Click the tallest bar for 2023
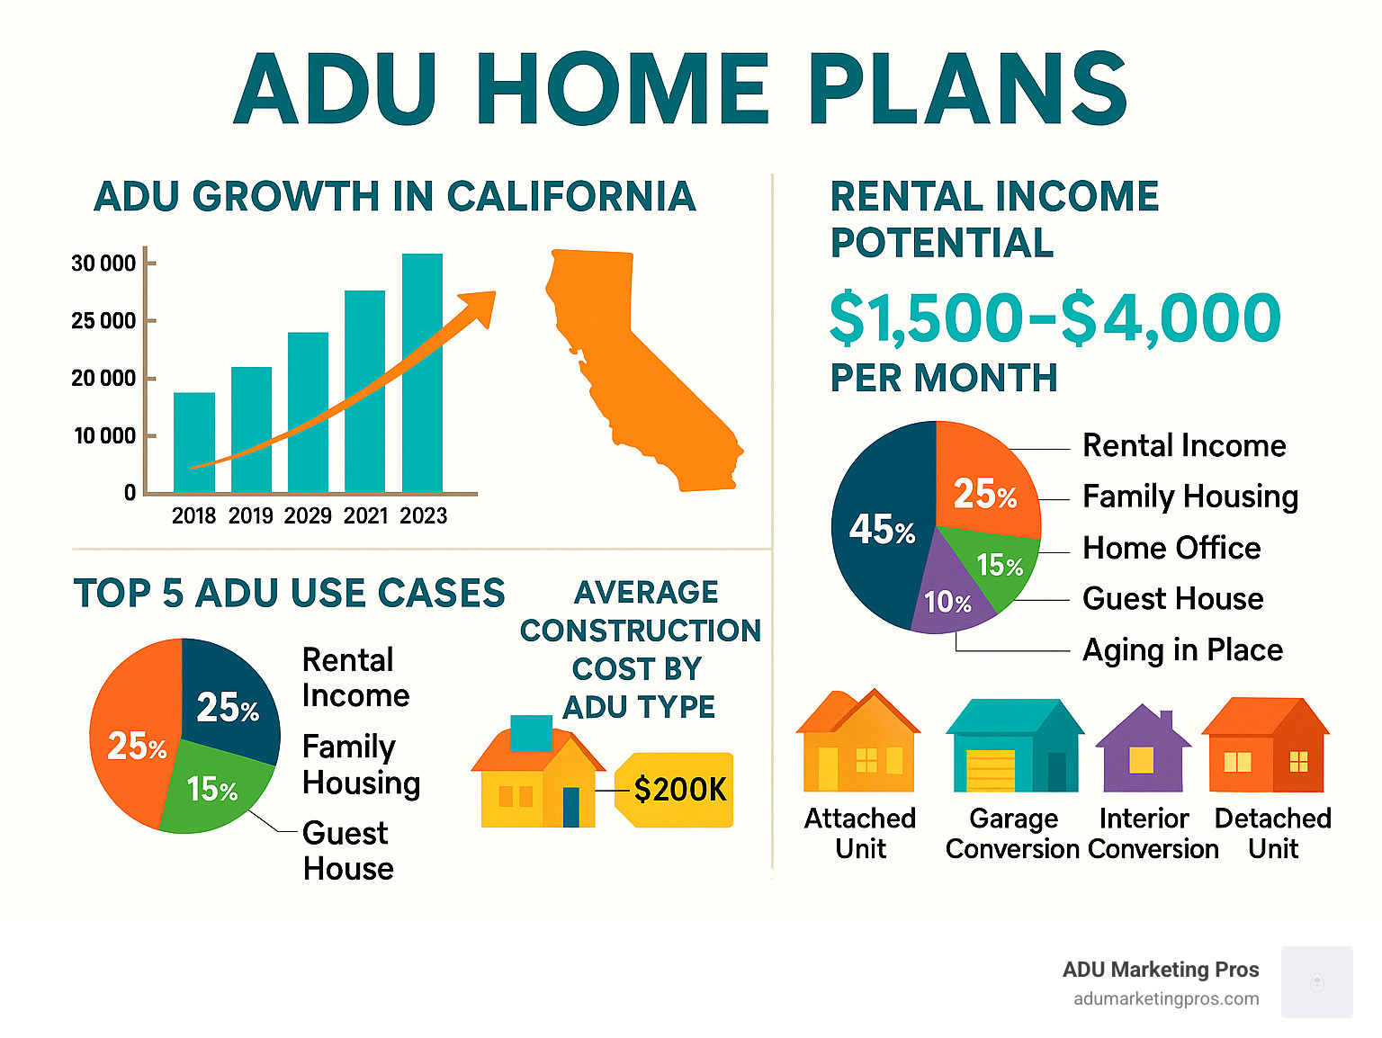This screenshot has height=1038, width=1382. tap(422, 372)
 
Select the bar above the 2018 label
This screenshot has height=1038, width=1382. tap(194, 442)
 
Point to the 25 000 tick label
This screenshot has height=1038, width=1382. tap(103, 321)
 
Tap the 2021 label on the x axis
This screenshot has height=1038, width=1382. tap(365, 516)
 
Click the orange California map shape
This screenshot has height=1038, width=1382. tap(636, 371)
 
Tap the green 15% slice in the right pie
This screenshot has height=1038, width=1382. tap(995, 563)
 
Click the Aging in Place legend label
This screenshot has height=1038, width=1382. tap(1182, 650)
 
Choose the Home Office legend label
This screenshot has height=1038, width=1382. tap(1171, 548)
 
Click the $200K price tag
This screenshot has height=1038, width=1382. tap(675, 790)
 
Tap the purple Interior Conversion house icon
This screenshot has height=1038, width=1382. tap(1143, 749)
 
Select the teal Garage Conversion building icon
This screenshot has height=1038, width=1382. tap(1014, 746)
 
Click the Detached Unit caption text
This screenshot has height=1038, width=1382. tap(1273, 834)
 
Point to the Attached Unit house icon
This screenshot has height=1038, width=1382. tap(858, 740)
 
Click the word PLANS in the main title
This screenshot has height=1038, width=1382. tap(968, 88)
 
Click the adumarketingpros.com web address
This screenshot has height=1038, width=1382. tap(1166, 999)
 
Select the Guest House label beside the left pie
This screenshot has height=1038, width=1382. tap(348, 850)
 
